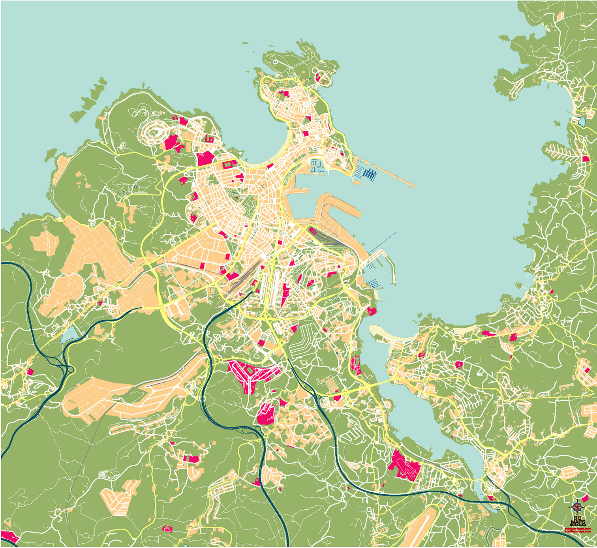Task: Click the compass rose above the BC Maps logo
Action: coord(577,507)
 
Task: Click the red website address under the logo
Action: coord(578,529)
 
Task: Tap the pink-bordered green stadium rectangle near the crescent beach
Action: coord(229,164)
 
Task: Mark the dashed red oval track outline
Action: coord(493,342)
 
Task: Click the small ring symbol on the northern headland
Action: coord(276,62)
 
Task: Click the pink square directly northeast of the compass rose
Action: coord(585,498)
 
